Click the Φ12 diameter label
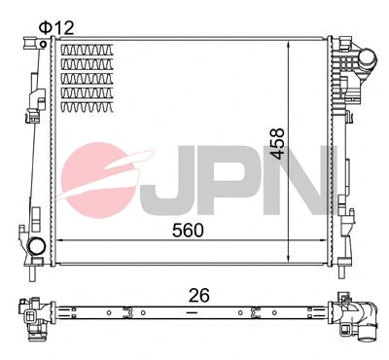tap(55, 26)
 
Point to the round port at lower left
tap(36, 247)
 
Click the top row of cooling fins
tap(87, 51)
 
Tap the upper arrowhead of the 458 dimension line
tap(289, 47)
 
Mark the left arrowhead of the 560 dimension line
tap(54, 239)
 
